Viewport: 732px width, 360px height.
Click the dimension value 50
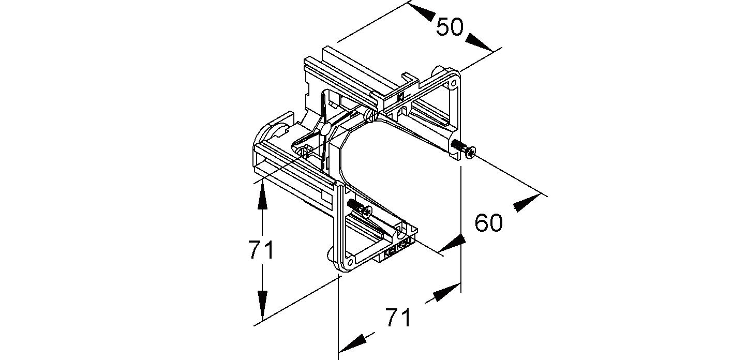pyautogui.click(x=450, y=27)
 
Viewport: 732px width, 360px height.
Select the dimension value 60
pyautogui.click(x=489, y=223)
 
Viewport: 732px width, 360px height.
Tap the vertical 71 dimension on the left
pyautogui.click(x=261, y=251)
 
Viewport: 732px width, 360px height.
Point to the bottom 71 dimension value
pyautogui.click(x=398, y=318)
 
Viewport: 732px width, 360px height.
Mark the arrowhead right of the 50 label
pyautogui.click(x=480, y=42)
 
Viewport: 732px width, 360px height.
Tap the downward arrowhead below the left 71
pyautogui.click(x=262, y=306)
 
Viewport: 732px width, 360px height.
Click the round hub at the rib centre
pyautogui.click(x=325, y=128)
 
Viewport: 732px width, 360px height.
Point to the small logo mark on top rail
pyautogui.click(x=400, y=97)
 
